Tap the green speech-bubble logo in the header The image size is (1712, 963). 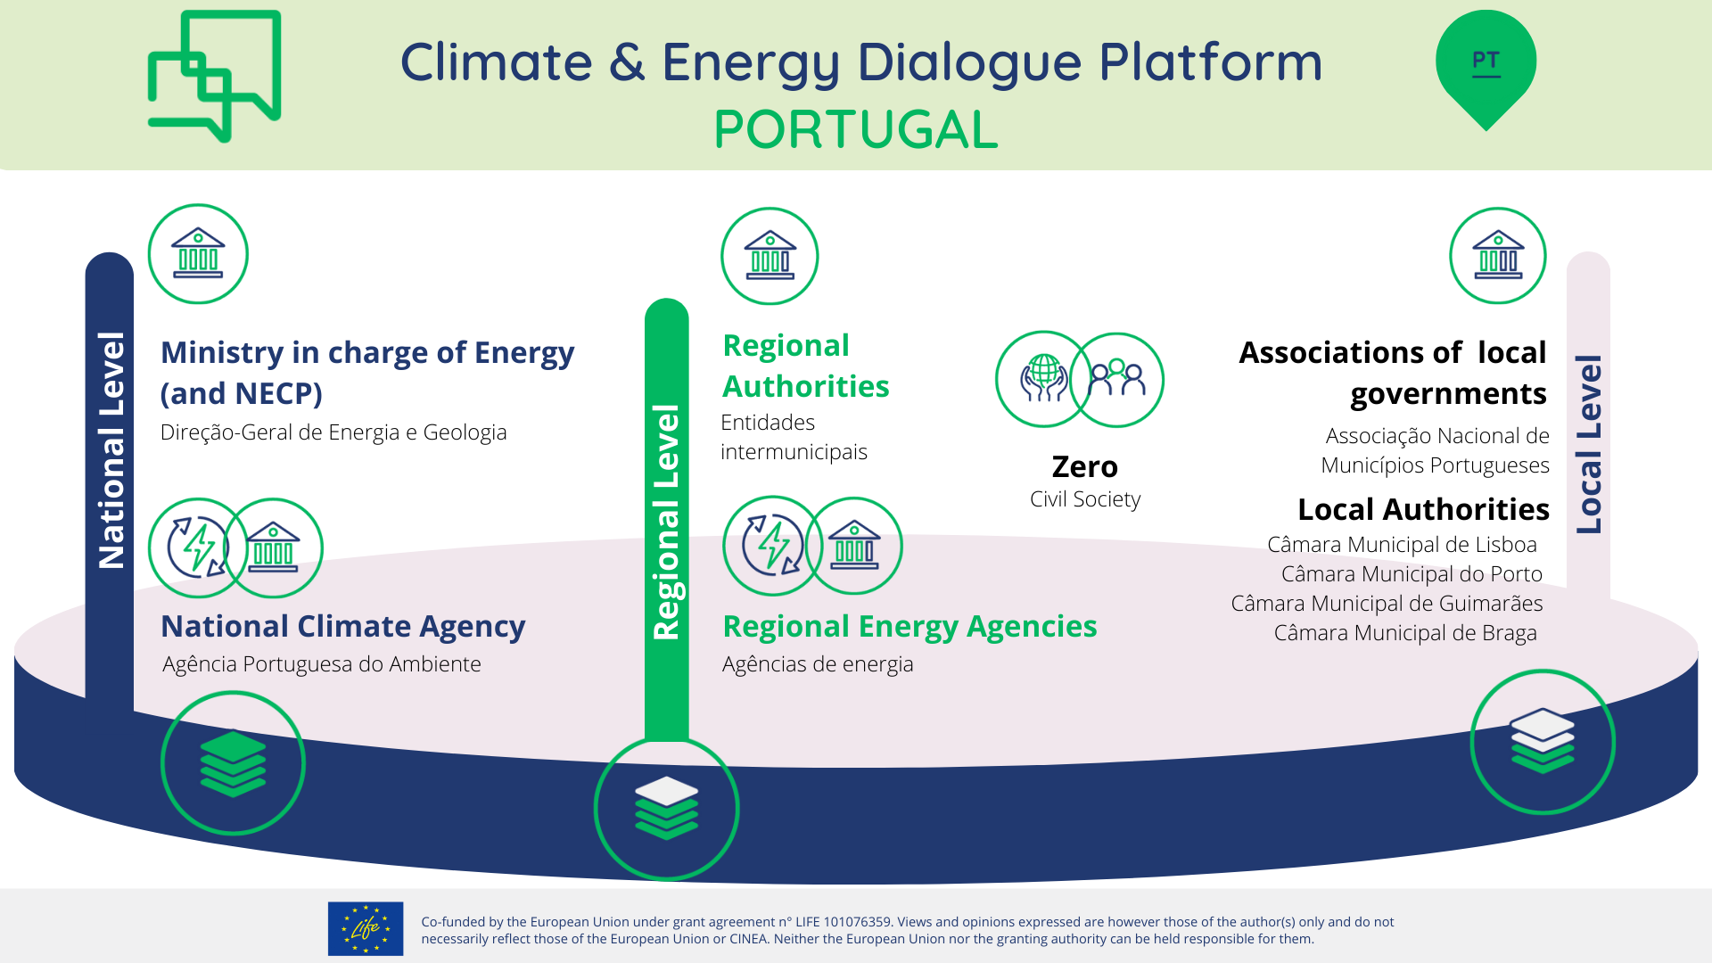(x=214, y=76)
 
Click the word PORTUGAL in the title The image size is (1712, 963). (x=856, y=129)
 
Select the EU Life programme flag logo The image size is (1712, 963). (x=366, y=928)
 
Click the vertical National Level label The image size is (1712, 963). (x=111, y=450)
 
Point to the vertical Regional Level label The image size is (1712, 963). (x=667, y=522)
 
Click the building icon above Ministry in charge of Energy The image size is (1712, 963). (x=198, y=254)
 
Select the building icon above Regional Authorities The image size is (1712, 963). (x=770, y=256)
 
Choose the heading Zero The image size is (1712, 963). (x=1084, y=466)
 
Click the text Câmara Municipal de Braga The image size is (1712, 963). (x=1405, y=633)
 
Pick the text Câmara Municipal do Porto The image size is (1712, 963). (x=1412, y=574)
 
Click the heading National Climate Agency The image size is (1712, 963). (x=343, y=626)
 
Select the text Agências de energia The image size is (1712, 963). (x=818, y=664)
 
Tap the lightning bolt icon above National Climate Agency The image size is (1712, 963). (x=198, y=547)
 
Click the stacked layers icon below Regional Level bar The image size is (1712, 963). (x=667, y=808)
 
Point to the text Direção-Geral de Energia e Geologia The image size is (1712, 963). (x=333, y=432)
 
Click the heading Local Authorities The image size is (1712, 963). (x=1423, y=509)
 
